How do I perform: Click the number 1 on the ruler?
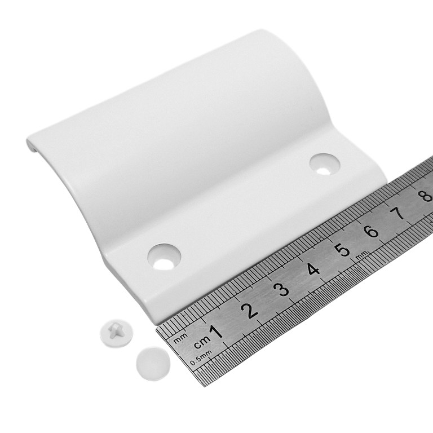[216, 332]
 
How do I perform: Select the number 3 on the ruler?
[282, 289]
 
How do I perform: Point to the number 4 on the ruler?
[313, 269]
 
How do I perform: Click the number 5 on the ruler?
[343, 250]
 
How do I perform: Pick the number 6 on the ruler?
[371, 231]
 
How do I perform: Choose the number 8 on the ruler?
[426, 195]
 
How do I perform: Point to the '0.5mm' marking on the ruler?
[201, 358]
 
